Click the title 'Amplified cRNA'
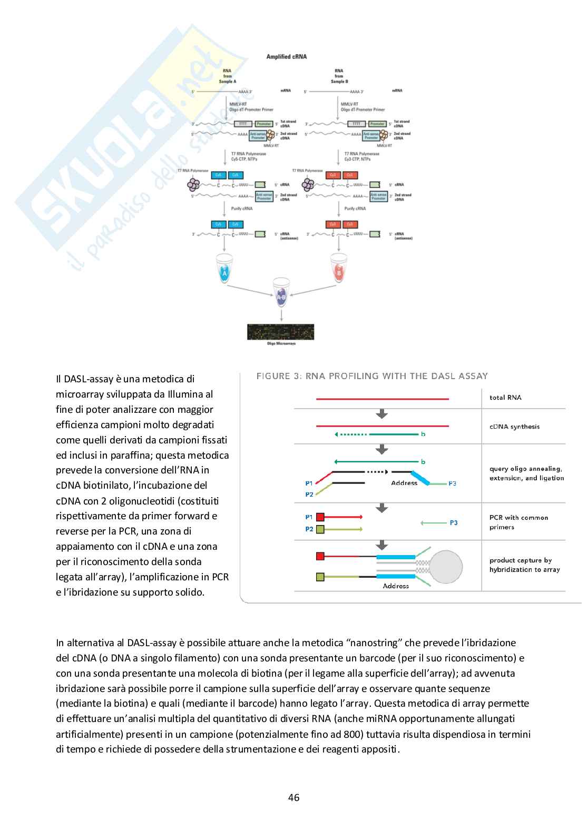click(286, 57)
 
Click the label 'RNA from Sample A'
click(227, 76)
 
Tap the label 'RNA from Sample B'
click(339, 76)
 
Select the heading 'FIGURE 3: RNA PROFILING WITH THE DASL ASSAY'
click(372, 376)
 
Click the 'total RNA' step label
click(505, 398)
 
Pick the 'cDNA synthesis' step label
click(514, 427)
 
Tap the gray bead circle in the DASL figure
click(446, 567)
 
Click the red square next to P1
click(320, 517)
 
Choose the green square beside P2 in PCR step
click(320, 529)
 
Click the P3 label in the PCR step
click(454, 523)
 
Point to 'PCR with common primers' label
click(518, 522)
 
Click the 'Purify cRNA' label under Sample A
click(242, 209)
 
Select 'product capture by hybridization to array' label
click(524, 565)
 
